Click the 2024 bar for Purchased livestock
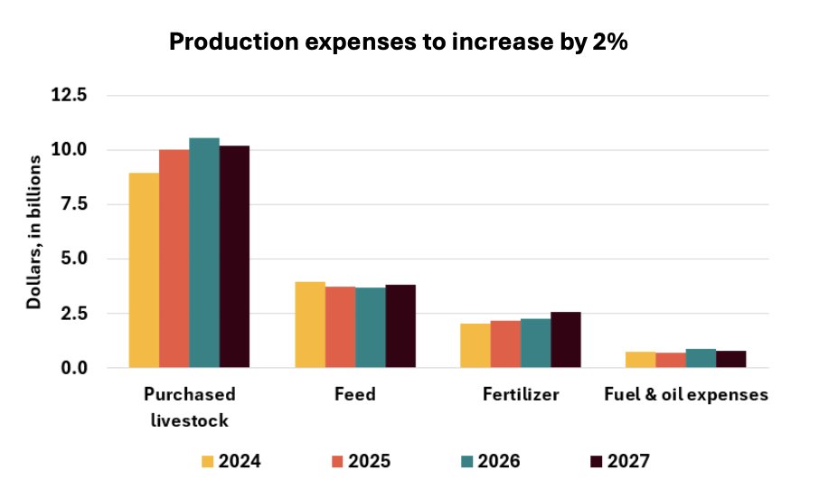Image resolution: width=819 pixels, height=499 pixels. [x=144, y=270]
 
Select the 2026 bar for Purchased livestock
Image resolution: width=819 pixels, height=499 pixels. [x=204, y=253]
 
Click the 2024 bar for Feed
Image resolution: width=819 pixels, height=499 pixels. [x=310, y=325]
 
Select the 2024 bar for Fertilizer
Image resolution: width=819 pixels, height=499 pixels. [x=475, y=345]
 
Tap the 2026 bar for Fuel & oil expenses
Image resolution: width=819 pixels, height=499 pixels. [x=701, y=358]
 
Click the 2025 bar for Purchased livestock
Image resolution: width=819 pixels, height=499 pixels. [x=174, y=259]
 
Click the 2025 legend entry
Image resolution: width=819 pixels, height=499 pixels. [x=356, y=462]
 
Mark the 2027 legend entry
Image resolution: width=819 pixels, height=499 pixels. [x=617, y=462]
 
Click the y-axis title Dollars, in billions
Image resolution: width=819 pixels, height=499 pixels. [x=33, y=231]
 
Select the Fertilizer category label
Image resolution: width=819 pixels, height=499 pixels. [x=520, y=395]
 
